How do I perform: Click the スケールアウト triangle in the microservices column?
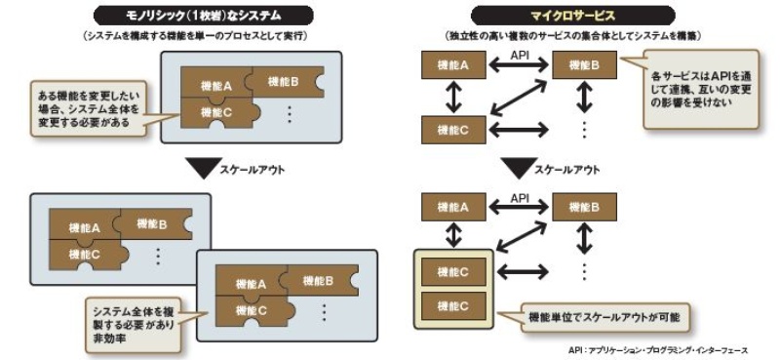(517, 167)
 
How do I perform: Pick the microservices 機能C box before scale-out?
(450, 128)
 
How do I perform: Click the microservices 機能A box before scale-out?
(450, 65)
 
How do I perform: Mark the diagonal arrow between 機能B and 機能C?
(517, 97)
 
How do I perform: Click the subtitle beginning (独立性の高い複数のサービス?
(575, 37)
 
